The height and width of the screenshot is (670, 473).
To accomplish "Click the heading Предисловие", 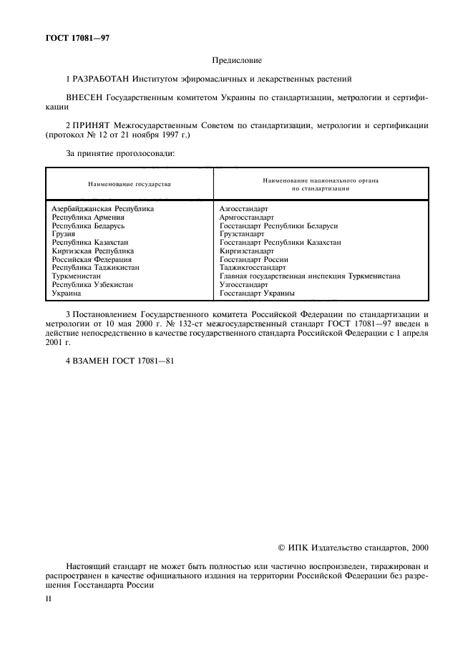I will tap(236, 62).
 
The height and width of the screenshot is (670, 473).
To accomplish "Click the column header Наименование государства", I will tap(130, 185).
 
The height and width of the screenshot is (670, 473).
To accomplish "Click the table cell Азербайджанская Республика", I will tap(103, 209).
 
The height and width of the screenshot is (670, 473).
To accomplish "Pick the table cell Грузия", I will tap(65, 234).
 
